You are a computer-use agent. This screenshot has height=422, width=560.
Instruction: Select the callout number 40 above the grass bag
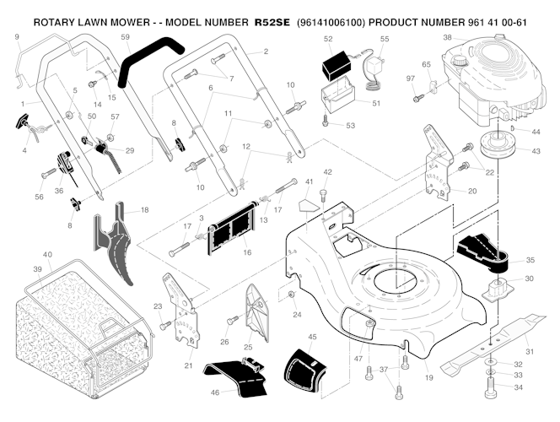(47, 255)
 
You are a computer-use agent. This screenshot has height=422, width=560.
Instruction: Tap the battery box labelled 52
(342, 66)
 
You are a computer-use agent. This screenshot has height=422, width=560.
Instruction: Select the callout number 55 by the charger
(385, 39)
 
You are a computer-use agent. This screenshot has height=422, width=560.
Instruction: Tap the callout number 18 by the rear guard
(144, 209)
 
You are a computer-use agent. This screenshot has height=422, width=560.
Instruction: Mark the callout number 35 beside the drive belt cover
(530, 261)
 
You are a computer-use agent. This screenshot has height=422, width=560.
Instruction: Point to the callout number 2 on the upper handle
(265, 52)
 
